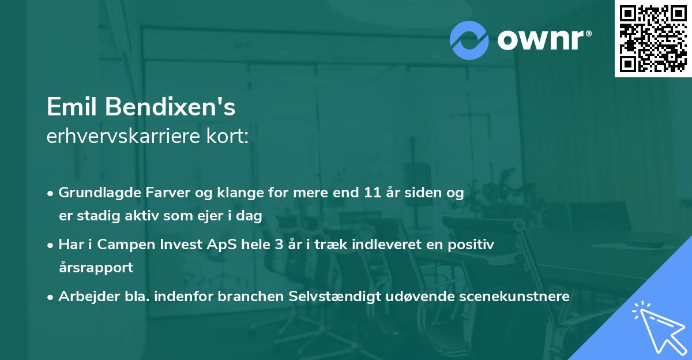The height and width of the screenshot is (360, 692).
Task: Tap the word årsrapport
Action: [x=96, y=268]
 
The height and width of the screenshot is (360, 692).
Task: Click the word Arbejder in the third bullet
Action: [x=84, y=297]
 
